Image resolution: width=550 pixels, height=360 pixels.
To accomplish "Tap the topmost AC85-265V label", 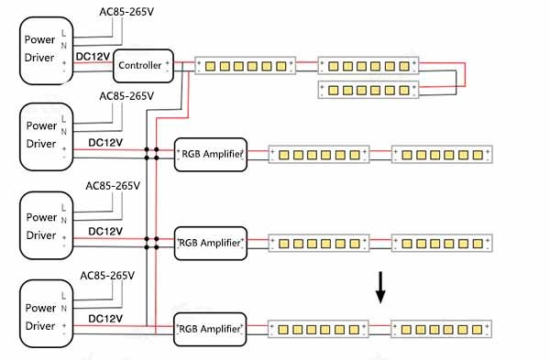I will coord(126,12).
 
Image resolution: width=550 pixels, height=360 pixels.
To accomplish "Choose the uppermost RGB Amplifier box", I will coord(210,155).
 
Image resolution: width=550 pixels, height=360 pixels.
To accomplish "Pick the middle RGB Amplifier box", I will coord(210,243).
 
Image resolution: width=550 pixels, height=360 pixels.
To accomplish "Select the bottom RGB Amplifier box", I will coord(210,328).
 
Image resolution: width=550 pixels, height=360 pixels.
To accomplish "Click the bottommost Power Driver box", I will coord(46,315).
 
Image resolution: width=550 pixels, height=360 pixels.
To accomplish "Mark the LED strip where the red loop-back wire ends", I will coord(367,90).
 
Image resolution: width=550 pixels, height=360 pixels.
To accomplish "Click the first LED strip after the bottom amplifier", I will coord(317,328).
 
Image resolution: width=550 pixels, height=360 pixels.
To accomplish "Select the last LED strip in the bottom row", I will coord(442,328).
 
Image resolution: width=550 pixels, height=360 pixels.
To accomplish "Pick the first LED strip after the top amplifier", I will coord(317,155).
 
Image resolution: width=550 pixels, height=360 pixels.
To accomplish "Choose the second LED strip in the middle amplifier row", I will coord(442,243).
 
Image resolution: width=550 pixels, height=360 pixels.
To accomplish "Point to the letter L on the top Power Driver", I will coord(63,33).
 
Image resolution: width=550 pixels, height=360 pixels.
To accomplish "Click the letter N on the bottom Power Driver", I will coord(63,310).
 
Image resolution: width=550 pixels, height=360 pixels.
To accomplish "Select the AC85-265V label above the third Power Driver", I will coord(113,186).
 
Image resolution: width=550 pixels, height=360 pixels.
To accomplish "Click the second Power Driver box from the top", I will coord(46,136).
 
